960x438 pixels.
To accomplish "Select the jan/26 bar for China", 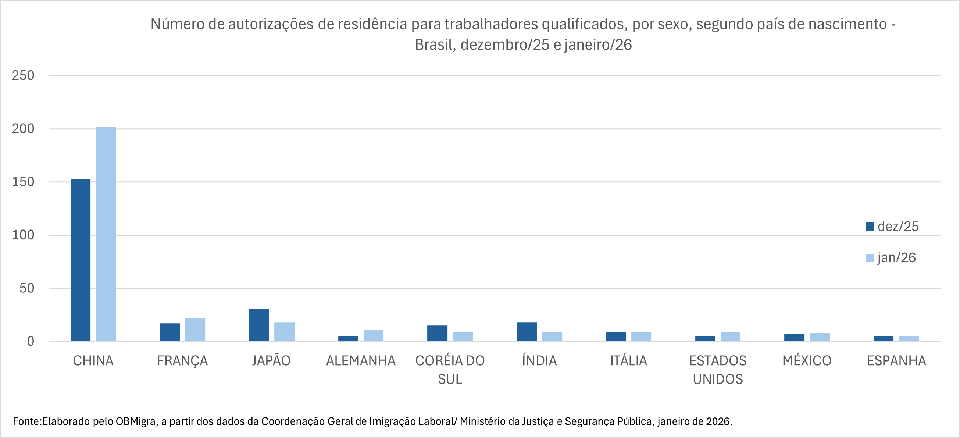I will pos(106,234).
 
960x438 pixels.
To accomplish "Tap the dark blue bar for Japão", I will pos(258,325).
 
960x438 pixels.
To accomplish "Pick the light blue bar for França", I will pos(195,330).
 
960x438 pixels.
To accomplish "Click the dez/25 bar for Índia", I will pos(527,331).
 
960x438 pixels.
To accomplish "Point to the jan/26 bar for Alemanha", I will pos(374,335).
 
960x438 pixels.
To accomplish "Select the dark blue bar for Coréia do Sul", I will pos(437,333).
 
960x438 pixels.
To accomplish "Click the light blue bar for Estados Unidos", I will pos(731,336).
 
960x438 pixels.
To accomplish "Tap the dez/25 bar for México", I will pos(794,337).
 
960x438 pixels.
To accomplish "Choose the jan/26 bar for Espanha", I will pos(909,338).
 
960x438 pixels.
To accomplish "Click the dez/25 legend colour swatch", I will pos(870,227).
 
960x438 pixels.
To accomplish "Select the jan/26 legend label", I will pos(896,257).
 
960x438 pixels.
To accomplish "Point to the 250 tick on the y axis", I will pos(23,75).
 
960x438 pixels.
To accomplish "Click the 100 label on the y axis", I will pos(23,235).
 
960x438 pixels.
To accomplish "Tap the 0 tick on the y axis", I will pos(31,341).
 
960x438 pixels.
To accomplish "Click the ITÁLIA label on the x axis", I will pos(628,360).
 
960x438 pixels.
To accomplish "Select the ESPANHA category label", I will pos(896,360).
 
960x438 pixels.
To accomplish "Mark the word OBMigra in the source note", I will pos(136,421).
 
